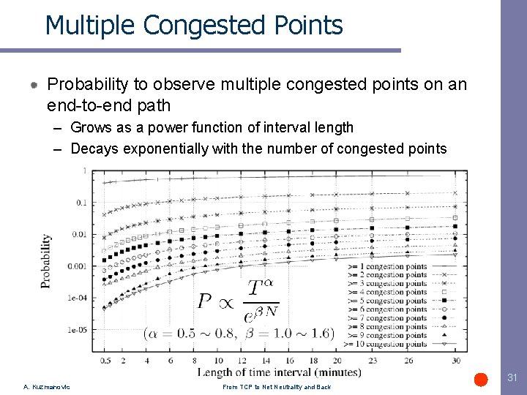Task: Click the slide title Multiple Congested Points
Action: pyautogui.click(x=193, y=25)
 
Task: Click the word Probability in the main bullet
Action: pyautogui.click(x=94, y=84)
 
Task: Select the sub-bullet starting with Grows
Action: pyautogui.click(x=212, y=127)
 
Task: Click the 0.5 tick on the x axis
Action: pyautogui.click(x=105, y=361)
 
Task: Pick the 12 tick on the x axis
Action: pyautogui.click(x=242, y=361)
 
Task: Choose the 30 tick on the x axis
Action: pyautogui.click(x=456, y=361)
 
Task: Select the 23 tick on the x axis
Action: pyautogui.click(x=372, y=361)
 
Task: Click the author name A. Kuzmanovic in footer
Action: pyautogui.click(x=47, y=387)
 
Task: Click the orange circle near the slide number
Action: pyautogui.click(x=481, y=379)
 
